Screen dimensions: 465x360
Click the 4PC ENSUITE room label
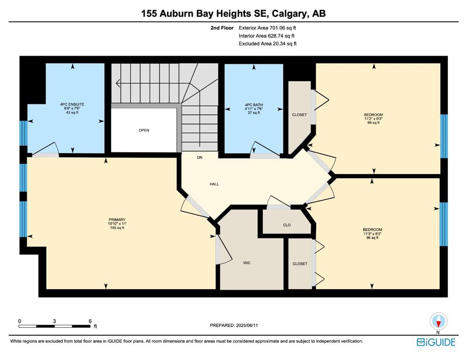coord(72,105)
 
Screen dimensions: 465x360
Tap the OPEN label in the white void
coord(144,130)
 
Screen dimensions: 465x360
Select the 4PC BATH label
coord(254,105)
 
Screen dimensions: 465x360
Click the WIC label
coord(247,262)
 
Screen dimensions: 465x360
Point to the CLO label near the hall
coord(287,225)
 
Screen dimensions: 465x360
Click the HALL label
coord(214,184)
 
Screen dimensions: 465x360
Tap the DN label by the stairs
coord(199,157)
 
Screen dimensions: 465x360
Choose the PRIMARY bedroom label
coord(117,220)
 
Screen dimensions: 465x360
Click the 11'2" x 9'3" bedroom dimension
coord(373,119)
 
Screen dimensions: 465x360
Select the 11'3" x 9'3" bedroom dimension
coord(372,233)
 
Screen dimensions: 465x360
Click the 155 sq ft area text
coord(117,228)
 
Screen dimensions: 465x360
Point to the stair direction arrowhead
coord(118,83)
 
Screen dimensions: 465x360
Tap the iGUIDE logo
coord(436,342)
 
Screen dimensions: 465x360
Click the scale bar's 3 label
coord(54,321)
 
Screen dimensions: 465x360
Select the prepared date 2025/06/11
coord(247,325)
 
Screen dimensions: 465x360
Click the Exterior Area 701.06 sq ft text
coord(267,28)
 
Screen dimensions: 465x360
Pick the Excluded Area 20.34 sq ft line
coord(267,44)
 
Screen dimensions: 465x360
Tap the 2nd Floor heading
coord(222,28)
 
